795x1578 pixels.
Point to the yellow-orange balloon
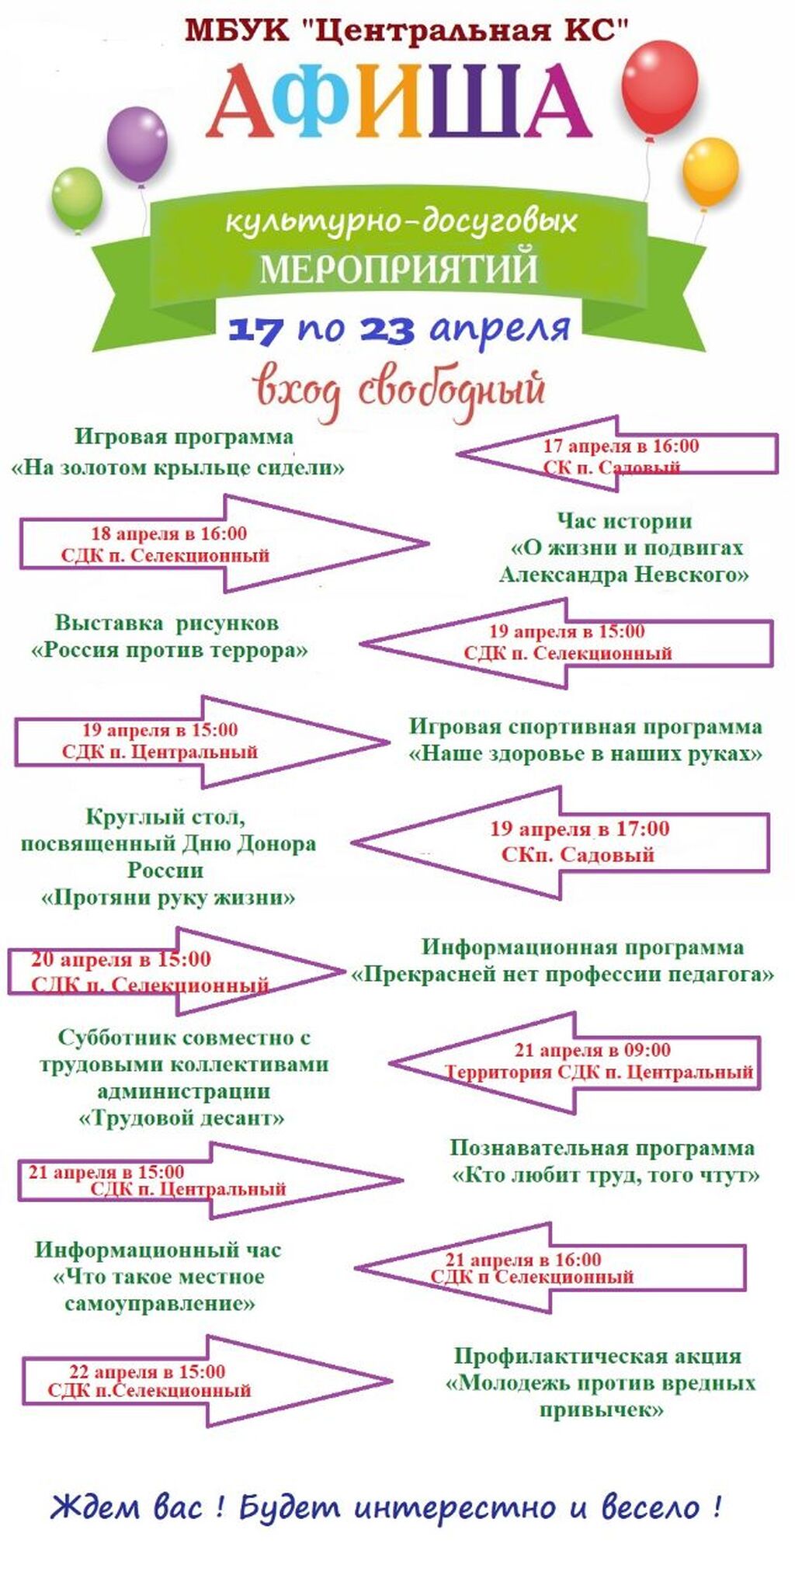710,172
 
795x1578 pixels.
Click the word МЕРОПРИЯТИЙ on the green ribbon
398,268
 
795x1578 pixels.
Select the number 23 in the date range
386,329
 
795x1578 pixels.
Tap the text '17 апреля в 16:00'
620,446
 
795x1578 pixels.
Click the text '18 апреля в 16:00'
168,534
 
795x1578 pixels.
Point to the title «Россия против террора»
169,649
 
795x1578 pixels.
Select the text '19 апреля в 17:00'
579,829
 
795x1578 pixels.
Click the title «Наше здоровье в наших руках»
585,753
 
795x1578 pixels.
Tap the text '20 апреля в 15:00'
120,959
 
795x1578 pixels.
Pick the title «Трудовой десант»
182,1118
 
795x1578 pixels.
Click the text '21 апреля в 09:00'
592,1050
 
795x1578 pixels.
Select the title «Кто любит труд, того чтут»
605,1174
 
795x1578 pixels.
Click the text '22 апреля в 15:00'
147,1371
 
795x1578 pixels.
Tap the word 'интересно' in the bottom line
455,1508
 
